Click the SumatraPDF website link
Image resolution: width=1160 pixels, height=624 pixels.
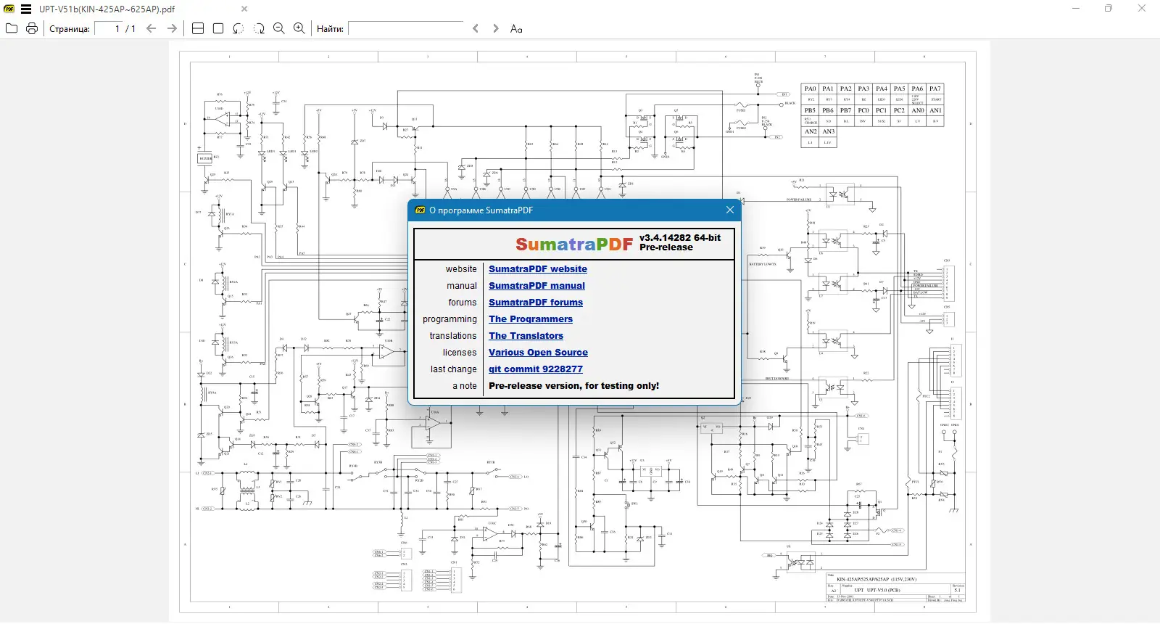tap(537, 269)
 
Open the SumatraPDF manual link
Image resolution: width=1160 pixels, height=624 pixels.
tap(536, 286)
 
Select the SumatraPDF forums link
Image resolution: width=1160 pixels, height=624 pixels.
tap(535, 303)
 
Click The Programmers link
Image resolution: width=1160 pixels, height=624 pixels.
tap(530, 319)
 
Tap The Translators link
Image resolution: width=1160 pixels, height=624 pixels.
tap(526, 336)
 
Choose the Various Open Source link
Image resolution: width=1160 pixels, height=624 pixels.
tap(538, 353)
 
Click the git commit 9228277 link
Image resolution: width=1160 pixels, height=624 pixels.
tap(535, 369)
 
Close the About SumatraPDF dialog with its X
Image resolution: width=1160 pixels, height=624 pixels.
tap(730, 210)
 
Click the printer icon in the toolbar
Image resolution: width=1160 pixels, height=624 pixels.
tap(32, 28)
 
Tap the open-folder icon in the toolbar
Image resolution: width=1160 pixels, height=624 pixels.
tap(12, 28)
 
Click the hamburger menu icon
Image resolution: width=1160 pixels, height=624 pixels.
tap(26, 9)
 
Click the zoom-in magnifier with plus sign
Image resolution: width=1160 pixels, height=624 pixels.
tap(299, 28)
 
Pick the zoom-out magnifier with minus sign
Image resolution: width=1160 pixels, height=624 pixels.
tap(278, 28)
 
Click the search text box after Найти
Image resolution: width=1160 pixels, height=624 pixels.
tap(406, 28)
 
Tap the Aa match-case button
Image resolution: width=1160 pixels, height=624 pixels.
tap(516, 28)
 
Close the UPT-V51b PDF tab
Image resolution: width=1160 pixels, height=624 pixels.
tap(244, 9)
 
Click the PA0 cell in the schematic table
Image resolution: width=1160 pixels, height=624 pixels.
tap(810, 89)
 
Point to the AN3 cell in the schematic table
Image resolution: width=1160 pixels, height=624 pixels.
tap(828, 131)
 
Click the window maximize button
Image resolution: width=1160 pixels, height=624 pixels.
tap(1108, 9)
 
